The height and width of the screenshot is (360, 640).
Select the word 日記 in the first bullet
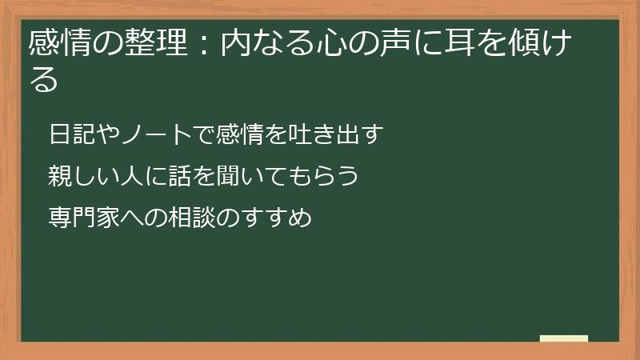[x=70, y=134]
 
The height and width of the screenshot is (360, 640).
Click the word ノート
[x=144, y=134]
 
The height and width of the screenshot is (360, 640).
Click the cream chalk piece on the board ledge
[x=563, y=338]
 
